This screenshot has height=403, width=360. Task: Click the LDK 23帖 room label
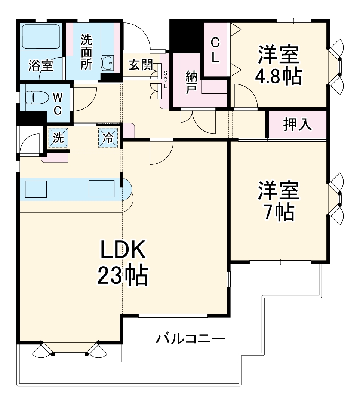click(x=123, y=264)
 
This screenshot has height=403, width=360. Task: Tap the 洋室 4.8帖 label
click(x=278, y=66)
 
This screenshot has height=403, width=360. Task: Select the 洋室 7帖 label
click(x=278, y=202)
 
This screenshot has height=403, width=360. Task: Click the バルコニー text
click(x=190, y=339)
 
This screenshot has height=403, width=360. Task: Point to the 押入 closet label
click(x=297, y=125)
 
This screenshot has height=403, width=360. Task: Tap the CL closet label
click(x=215, y=50)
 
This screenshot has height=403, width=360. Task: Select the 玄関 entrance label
click(x=141, y=65)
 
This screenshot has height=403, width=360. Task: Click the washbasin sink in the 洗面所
click(x=107, y=62)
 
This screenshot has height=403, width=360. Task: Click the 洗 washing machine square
click(x=58, y=138)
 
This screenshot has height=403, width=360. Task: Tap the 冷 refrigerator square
click(x=108, y=138)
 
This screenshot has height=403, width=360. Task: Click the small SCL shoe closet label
click(x=165, y=79)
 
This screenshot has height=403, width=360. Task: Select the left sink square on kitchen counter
click(x=36, y=188)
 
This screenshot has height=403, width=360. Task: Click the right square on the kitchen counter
click(x=101, y=188)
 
